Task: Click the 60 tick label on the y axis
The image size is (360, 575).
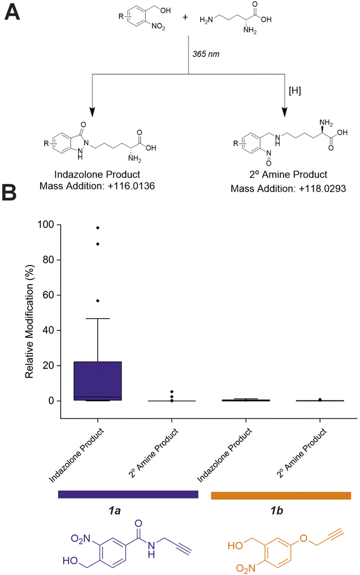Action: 47,295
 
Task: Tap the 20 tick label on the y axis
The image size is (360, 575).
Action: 47,366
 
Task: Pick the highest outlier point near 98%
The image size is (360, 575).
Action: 98,228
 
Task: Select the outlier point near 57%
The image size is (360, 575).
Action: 98,300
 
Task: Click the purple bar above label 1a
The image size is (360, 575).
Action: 128,494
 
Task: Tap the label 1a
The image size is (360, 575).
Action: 129,512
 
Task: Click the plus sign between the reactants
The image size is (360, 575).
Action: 186,18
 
